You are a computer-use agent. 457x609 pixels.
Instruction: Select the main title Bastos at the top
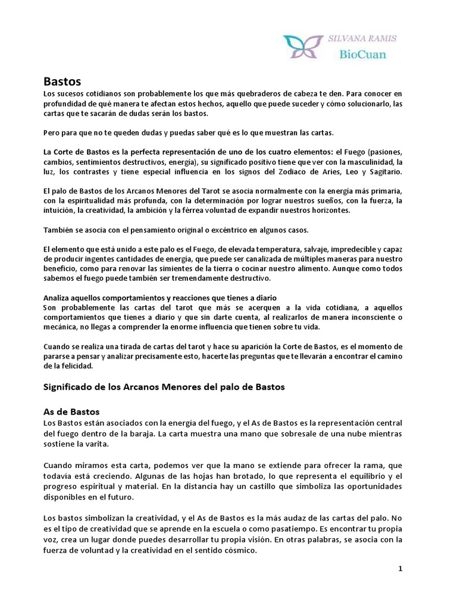[62, 81]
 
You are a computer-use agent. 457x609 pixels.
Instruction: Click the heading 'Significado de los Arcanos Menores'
[165, 387]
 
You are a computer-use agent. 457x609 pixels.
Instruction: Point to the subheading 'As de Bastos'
[71, 412]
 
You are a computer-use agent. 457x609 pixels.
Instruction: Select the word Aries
[341, 172]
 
